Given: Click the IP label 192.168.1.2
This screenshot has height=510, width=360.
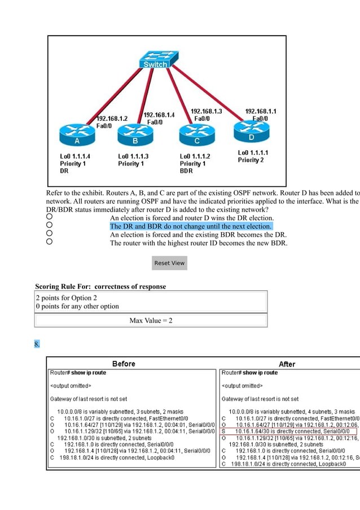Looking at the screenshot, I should [x=112, y=119].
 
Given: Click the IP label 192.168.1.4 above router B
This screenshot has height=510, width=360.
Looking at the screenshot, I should [x=159, y=115].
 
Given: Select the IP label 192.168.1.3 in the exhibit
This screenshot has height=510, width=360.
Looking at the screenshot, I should [x=206, y=112].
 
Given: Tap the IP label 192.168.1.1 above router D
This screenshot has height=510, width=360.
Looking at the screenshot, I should [x=261, y=112].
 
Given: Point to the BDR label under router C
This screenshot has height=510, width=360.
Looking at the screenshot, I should [x=187, y=171].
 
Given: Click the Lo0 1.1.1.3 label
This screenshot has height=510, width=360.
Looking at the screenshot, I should [x=133, y=156].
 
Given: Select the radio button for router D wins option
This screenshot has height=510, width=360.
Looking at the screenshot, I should [x=49, y=217].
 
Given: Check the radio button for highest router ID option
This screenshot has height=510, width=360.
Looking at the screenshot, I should [x=49, y=242].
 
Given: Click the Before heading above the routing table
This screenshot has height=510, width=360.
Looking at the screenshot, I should [x=124, y=364].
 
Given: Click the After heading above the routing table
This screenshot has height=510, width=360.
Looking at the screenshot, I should [x=287, y=364].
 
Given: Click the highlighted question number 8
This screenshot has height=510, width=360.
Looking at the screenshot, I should [x=37, y=343].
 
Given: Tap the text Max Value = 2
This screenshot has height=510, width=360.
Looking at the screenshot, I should [x=151, y=321].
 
